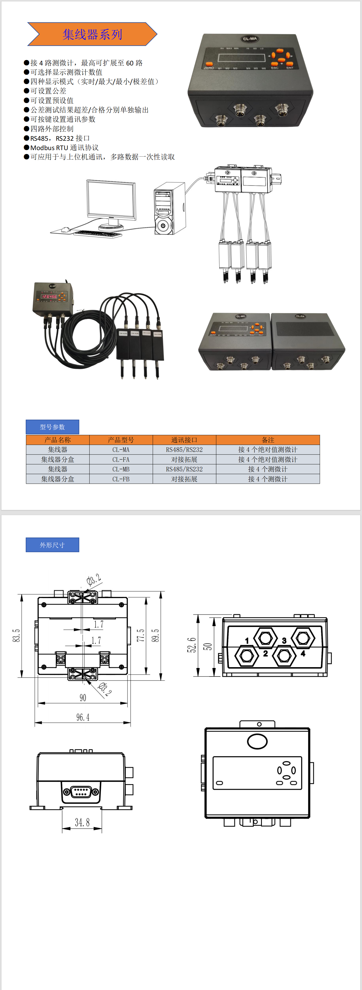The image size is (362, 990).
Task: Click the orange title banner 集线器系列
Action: point(92,34)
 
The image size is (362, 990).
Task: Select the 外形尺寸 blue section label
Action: point(52,545)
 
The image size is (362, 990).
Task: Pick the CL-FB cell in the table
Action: point(121,479)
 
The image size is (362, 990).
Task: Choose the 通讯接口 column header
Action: point(184,440)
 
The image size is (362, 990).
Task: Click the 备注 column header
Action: point(268,440)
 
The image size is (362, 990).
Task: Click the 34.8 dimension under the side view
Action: point(82,822)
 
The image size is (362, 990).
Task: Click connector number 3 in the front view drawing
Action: point(284,641)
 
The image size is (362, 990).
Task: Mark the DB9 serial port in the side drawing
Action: point(81,792)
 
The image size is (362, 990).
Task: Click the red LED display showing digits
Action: point(49,296)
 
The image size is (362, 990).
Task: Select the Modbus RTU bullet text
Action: point(64,148)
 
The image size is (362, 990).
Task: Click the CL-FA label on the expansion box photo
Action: point(300,316)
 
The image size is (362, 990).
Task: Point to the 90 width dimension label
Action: point(83,697)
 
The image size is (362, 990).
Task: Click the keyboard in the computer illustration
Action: point(98,233)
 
